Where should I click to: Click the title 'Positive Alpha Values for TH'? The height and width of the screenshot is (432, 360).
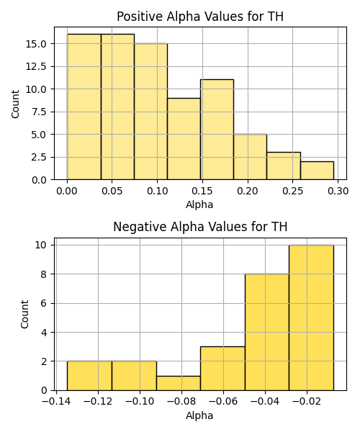(x=200, y=17)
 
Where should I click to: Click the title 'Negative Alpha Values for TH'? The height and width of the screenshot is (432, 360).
(x=200, y=227)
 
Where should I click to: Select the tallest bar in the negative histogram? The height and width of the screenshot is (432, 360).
(x=311, y=318)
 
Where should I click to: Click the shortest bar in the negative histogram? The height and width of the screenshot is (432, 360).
(x=179, y=383)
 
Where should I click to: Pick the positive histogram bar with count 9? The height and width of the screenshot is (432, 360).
(x=184, y=139)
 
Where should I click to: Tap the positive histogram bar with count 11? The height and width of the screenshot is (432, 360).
(x=217, y=130)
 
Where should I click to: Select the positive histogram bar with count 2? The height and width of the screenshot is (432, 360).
(x=317, y=171)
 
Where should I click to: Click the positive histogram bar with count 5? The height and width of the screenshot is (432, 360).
(x=251, y=157)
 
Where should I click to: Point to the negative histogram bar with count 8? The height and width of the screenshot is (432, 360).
(x=267, y=332)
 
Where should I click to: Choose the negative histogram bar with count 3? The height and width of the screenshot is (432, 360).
(x=222, y=369)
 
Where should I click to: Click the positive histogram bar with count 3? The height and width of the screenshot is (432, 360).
(x=284, y=166)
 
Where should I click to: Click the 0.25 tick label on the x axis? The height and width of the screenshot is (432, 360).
(x=293, y=191)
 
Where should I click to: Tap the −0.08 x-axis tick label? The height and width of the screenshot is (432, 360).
(x=181, y=401)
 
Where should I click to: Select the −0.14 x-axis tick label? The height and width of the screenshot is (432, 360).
(x=56, y=401)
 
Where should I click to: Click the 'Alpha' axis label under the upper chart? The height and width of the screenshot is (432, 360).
(x=199, y=204)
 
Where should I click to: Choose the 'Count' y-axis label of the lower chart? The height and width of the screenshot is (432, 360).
(x=24, y=315)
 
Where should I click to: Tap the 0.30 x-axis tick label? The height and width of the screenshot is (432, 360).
(x=338, y=191)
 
